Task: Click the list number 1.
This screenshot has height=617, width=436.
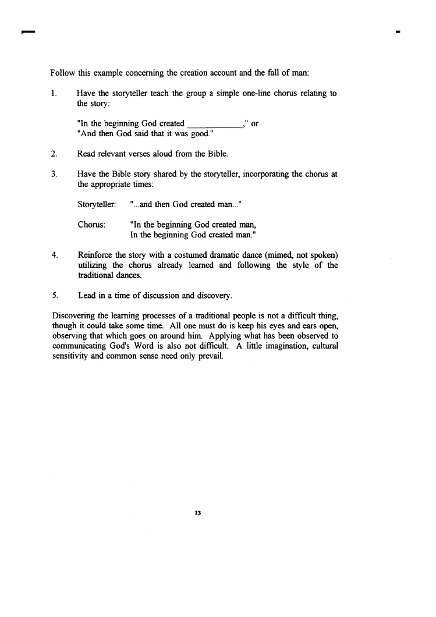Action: point(53,94)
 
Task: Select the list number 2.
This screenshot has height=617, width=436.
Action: point(53,154)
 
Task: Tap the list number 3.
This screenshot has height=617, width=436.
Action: point(53,174)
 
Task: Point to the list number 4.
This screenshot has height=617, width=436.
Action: point(53,254)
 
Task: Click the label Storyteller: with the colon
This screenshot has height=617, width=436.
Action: point(97,205)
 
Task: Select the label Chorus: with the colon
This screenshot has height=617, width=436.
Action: point(91,225)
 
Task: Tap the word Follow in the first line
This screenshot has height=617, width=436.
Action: point(62,73)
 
